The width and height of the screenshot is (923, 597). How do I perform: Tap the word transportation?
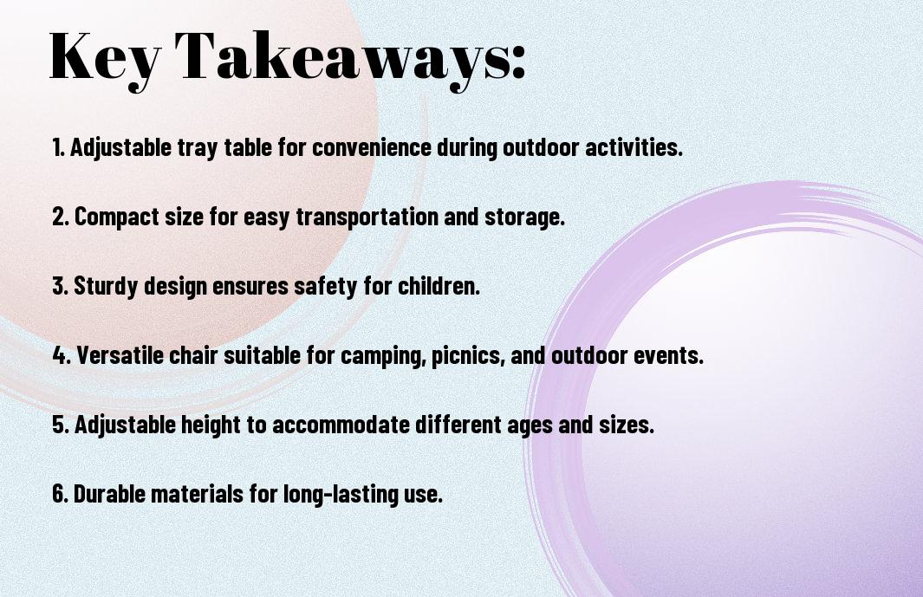(x=367, y=217)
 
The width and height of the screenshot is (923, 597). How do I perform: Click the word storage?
(x=524, y=217)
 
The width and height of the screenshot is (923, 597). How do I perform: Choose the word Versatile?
(x=120, y=355)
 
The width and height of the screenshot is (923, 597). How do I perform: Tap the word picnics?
(x=468, y=356)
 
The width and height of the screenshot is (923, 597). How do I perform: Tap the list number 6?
(x=60, y=493)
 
